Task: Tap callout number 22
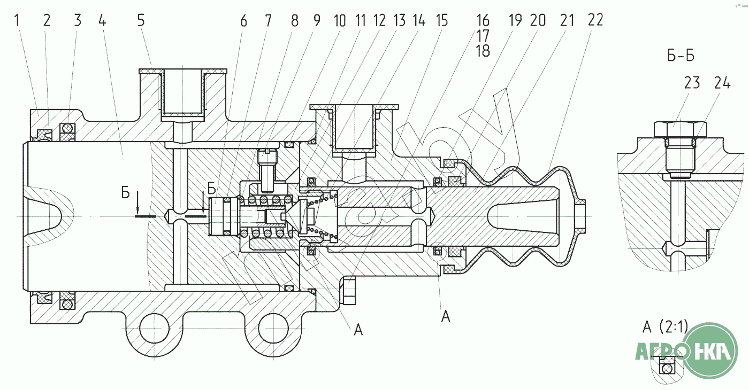pyautogui.click(x=594, y=20)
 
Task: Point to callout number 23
pyautogui.click(x=692, y=83)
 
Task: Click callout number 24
pyautogui.click(x=722, y=83)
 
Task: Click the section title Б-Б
pyautogui.click(x=681, y=55)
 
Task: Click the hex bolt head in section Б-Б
pyautogui.click(x=680, y=129)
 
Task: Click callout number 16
pyautogui.click(x=483, y=20)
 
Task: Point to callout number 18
pyautogui.click(x=483, y=51)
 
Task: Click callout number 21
pyautogui.click(x=567, y=20)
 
